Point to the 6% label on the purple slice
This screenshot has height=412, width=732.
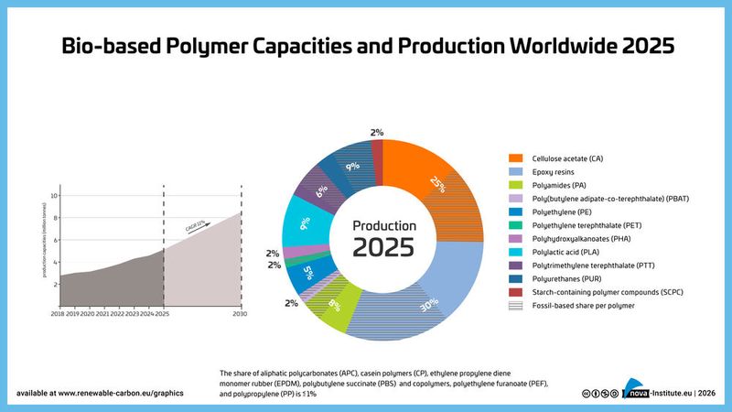point(320,192)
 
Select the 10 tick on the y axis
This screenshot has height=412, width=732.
point(53,196)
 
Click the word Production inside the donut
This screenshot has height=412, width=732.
point(384,225)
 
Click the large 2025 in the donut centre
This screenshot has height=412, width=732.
point(384,247)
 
